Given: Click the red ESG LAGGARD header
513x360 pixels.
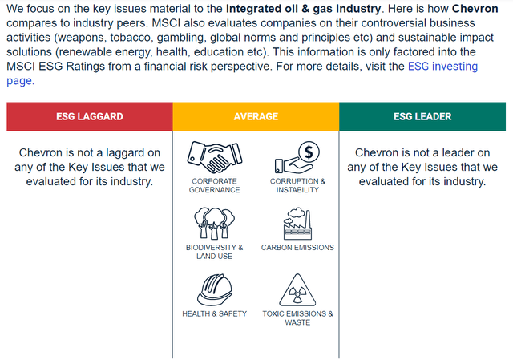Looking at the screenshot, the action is [90, 116].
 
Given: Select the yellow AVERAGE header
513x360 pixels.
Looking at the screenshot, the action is [256, 116].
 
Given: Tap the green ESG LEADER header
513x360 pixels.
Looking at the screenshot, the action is [422, 116].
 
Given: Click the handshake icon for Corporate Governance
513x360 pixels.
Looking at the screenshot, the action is [215, 157].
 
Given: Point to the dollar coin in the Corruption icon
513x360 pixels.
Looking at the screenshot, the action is [309, 152].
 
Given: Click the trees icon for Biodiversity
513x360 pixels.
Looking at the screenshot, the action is [215, 223].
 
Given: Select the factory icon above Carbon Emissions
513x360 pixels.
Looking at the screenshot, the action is [297, 224].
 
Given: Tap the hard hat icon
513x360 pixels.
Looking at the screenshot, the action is [215, 289].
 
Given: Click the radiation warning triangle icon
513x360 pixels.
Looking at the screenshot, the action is [297, 290].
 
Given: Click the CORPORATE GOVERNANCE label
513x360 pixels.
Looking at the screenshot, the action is [215, 185].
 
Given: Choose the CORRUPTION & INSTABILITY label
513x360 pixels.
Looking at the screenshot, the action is [297, 185].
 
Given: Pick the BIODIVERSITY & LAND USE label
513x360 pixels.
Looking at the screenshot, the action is [215, 252].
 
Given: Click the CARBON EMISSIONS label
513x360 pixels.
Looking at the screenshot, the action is [297, 248].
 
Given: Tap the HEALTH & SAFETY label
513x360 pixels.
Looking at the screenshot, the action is [215, 313].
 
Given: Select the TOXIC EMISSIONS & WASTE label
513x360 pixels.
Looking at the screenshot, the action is [297, 318].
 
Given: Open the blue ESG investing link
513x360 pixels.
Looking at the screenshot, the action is [442, 67].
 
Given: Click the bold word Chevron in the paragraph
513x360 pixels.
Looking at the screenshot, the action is [475, 9].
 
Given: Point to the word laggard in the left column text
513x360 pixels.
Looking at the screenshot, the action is [139, 153].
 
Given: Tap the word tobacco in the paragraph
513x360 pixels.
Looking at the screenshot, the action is [131, 38].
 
